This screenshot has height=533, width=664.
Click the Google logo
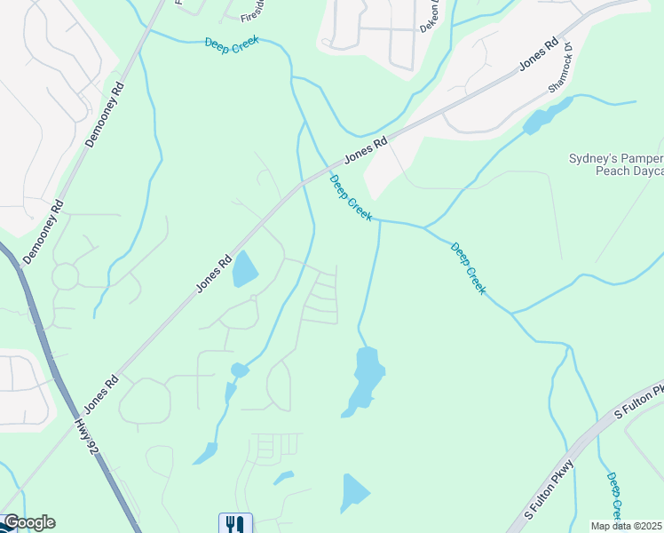28,522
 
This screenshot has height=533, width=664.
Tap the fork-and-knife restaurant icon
235,523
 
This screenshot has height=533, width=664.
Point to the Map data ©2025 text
627,526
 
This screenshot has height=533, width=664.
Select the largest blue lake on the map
365,379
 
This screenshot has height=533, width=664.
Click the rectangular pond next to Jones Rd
245,269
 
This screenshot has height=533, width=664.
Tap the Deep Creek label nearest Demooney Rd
232,44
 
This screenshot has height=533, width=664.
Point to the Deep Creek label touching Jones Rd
351,197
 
